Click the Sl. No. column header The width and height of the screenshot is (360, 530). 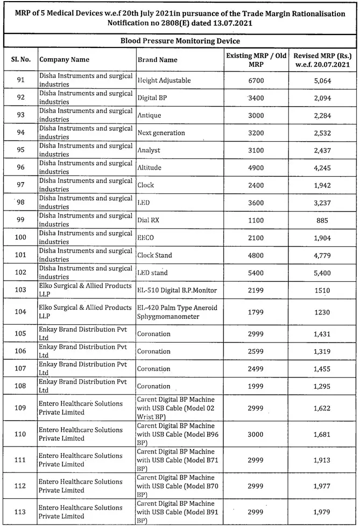[x=19, y=59]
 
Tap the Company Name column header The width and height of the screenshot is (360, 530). [x=65, y=59]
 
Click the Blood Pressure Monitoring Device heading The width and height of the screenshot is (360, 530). [x=180, y=41]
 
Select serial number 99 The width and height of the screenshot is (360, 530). [x=19, y=220]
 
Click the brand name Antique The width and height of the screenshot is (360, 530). [x=149, y=115]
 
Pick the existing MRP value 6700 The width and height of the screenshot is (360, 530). [x=256, y=80]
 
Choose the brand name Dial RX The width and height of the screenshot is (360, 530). [x=150, y=220]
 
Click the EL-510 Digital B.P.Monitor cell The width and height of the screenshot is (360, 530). [x=177, y=290]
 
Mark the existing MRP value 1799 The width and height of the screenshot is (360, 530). [x=256, y=312]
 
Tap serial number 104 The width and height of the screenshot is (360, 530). [x=19, y=312]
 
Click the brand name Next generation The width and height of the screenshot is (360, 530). [x=161, y=132]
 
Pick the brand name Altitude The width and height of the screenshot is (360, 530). [x=150, y=168]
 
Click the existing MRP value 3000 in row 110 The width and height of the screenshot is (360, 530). [x=256, y=434]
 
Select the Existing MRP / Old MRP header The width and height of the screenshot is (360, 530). [x=256, y=59]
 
